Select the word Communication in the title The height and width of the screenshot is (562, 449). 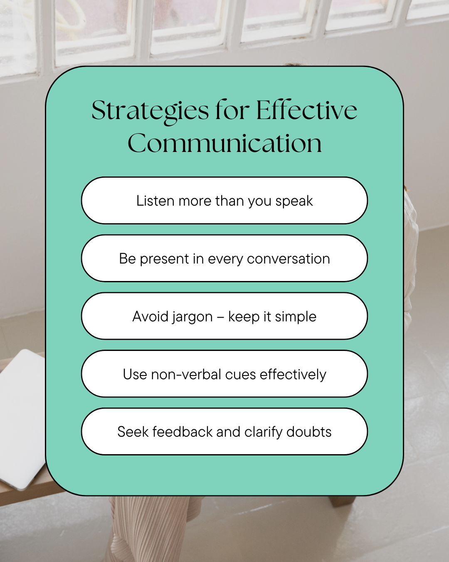click(224, 143)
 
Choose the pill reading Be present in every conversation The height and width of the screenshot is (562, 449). click(224, 258)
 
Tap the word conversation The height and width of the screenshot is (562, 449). click(288, 259)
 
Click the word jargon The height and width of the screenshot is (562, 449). click(192, 317)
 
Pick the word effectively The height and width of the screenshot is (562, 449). click(293, 375)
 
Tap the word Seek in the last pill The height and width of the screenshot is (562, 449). click(133, 432)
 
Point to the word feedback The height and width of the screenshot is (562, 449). click(183, 432)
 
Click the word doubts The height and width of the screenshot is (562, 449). click(309, 432)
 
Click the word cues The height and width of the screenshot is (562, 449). click(240, 375)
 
